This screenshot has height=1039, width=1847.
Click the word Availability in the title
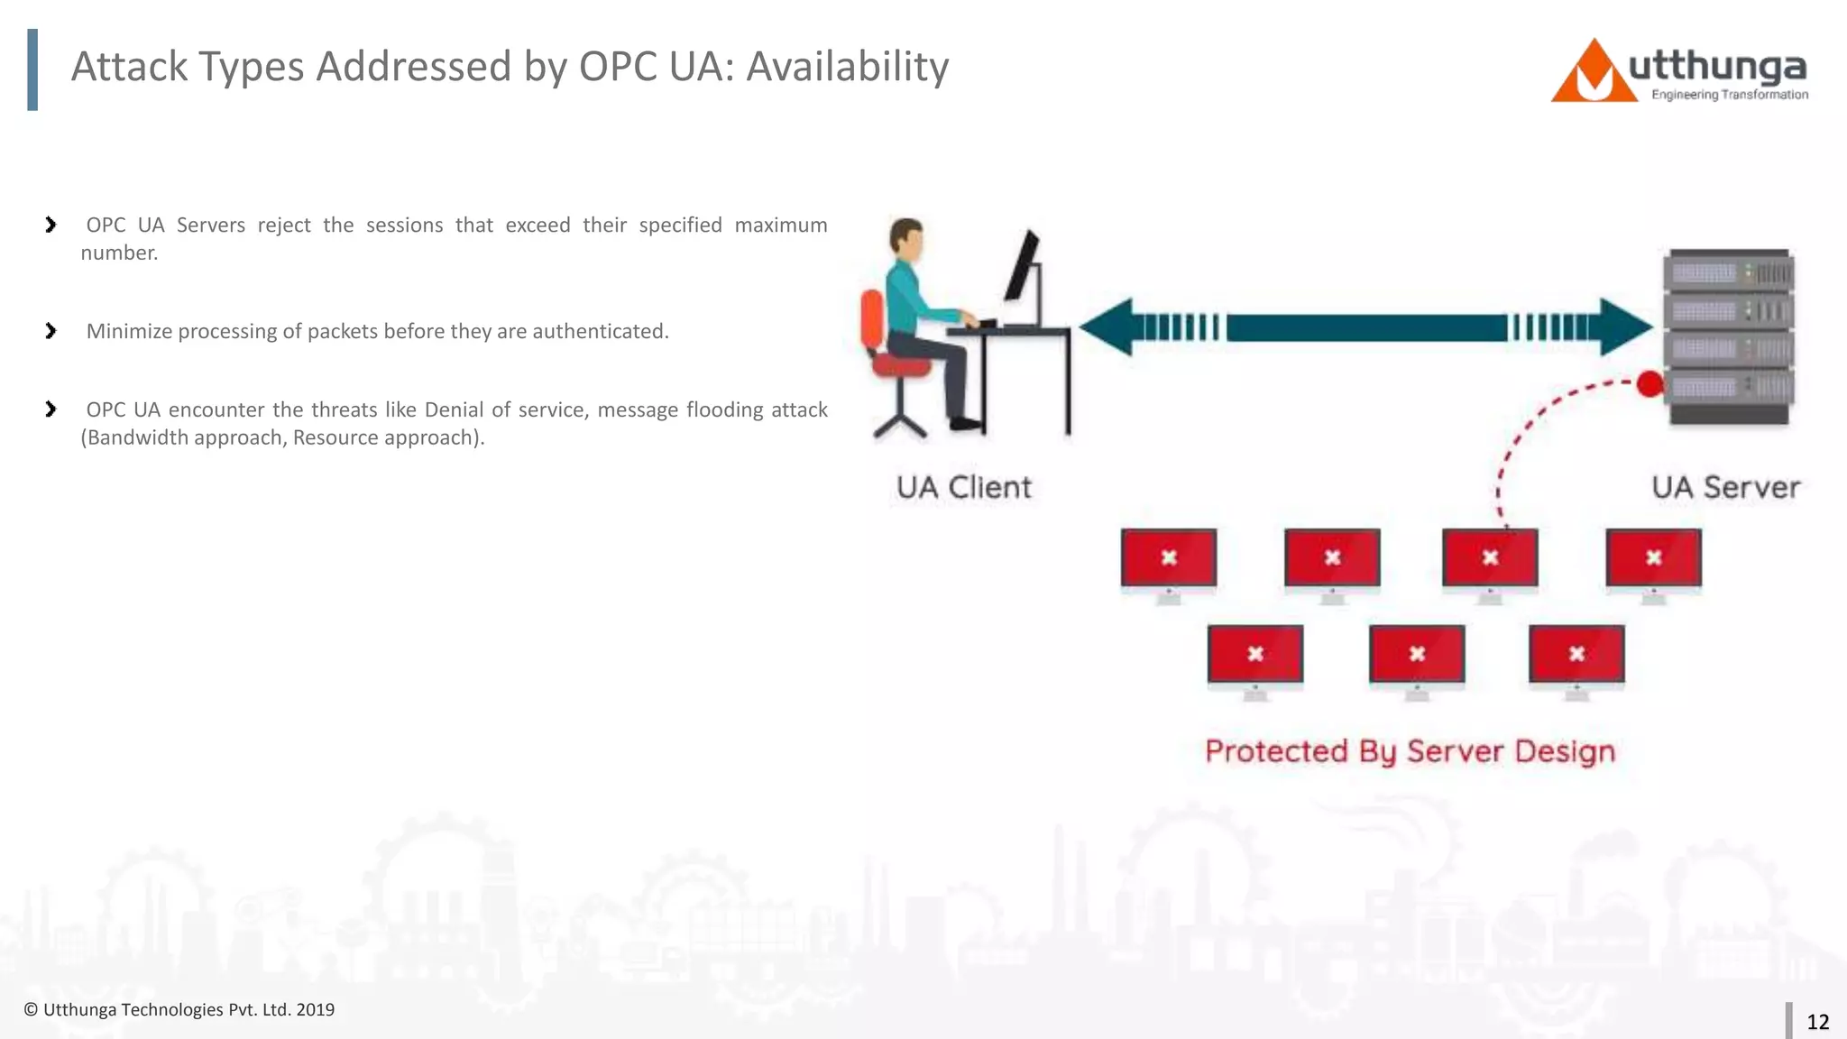pyautogui.click(x=847, y=67)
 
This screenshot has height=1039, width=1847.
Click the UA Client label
pyautogui.click(x=963, y=487)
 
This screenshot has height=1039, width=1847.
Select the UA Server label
pyautogui.click(x=1725, y=487)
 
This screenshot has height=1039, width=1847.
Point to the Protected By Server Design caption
pyautogui.click(x=1410, y=751)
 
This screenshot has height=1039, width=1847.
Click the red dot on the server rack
pyautogui.click(x=1649, y=384)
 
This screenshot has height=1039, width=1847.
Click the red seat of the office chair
pyautogui.click(x=901, y=365)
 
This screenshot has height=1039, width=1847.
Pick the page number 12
pyautogui.click(x=1817, y=1022)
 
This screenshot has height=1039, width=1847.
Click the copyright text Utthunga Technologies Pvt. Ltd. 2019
pyautogui.click(x=179, y=1010)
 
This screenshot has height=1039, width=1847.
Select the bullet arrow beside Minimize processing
pyautogui.click(x=51, y=331)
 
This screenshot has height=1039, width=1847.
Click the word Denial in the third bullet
pyautogui.click(x=454, y=409)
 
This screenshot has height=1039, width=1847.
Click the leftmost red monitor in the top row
pyautogui.click(x=1168, y=558)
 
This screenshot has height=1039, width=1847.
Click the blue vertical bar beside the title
pyautogui.click(x=32, y=69)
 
